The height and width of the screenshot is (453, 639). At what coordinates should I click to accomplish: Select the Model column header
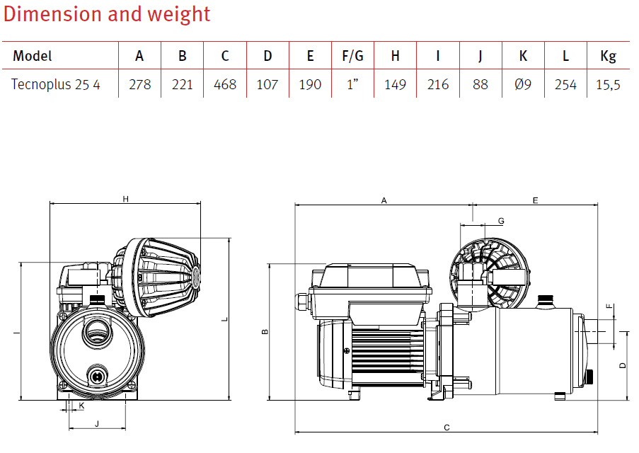(33, 56)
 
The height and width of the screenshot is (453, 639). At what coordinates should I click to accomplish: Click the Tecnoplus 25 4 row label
(56, 85)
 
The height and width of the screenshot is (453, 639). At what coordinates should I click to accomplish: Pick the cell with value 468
(225, 85)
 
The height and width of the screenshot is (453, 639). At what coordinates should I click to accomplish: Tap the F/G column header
(352, 56)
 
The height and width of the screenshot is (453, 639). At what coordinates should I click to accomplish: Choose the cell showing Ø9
(523, 85)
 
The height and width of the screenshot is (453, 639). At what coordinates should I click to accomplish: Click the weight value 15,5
(608, 85)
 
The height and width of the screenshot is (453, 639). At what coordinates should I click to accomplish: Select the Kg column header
(608, 56)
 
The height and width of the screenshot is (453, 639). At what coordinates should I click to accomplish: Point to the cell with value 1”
(352, 85)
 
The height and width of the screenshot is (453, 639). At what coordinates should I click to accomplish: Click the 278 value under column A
(140, 85)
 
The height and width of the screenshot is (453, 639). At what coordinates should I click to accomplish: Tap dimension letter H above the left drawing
(125, 199)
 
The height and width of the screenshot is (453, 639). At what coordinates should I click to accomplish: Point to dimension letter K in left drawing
(81, 406)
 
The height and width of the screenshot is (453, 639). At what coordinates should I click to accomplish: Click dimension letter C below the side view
(447, 428)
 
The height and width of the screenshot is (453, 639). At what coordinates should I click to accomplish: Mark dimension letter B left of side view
(265, 332)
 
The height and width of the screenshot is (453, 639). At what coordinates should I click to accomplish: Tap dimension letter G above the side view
(501, 222)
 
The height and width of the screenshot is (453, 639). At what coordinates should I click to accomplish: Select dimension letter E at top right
(536, 201)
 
